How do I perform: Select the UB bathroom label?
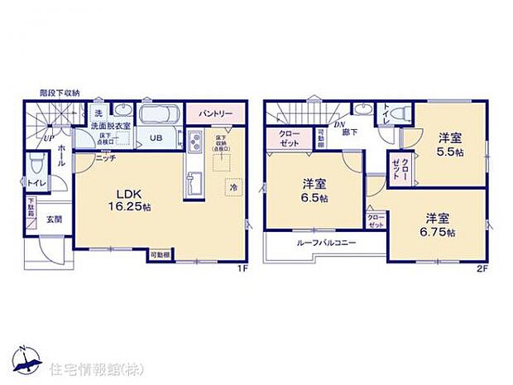pos(156,137)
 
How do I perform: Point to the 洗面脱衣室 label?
pos(111,125)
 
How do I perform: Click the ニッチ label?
pos(104,156)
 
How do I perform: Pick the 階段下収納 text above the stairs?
pos(60,93)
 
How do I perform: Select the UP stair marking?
pos(48,137)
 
